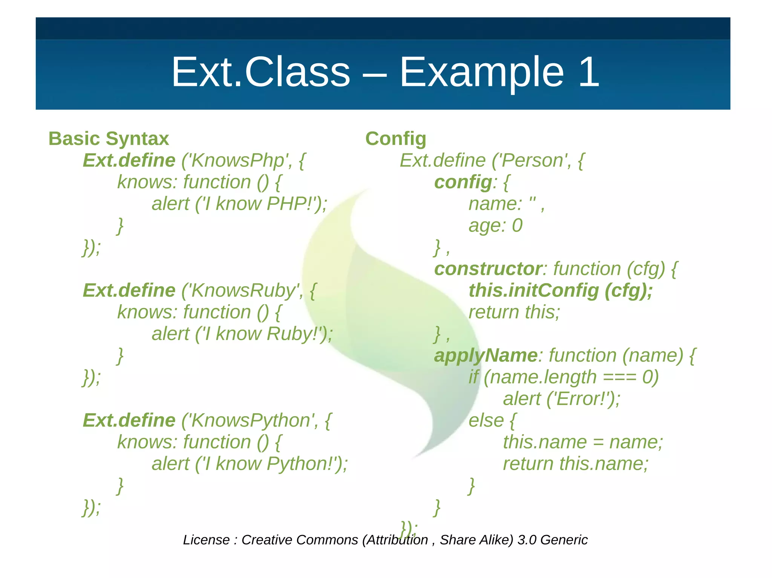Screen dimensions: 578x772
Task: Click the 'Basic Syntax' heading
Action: click(109, 139)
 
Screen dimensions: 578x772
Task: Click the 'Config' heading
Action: click(395, 139)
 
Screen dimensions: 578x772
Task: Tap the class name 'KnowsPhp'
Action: click(238, 160)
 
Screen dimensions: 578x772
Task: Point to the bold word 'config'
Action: click(463, 182)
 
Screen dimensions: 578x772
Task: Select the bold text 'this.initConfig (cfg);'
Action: click(560, 291)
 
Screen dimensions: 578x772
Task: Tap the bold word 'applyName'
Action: click(486, 355)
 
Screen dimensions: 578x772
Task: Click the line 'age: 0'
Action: click(495, 226)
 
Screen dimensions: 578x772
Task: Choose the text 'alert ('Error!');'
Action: click(561, 399)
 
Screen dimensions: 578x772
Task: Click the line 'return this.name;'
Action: click(575, 464)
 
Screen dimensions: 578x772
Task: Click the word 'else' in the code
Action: click(486, 420)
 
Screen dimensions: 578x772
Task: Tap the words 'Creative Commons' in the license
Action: click(300, 540)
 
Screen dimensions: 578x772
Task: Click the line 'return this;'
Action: click(514, 312)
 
